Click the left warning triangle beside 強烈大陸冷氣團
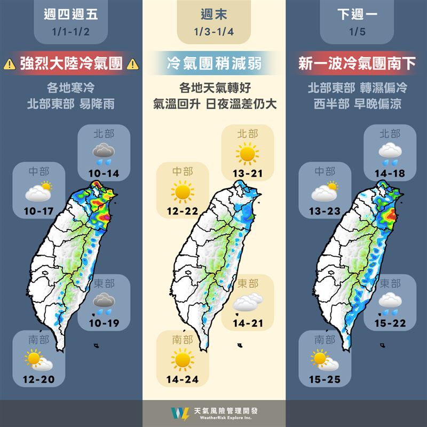point(9,65)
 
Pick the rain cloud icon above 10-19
point(104,303)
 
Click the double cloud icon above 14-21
point(247,303)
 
